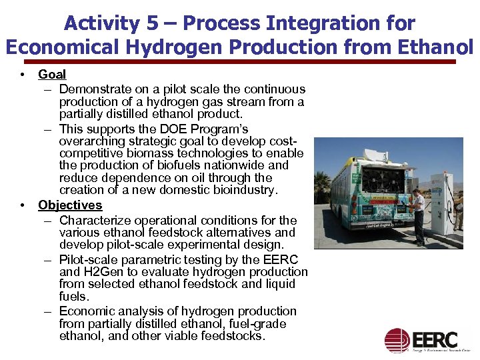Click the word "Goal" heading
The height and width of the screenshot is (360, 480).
pos(52,75)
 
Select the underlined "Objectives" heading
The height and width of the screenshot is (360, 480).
pos(70,205)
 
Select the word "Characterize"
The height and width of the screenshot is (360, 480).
pos(95,220)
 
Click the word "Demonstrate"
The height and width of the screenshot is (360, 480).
pos(96,89)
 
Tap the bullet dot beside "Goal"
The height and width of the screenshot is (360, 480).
pos(23,75)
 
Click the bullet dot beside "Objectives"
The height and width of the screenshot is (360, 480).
pos(23,205)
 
